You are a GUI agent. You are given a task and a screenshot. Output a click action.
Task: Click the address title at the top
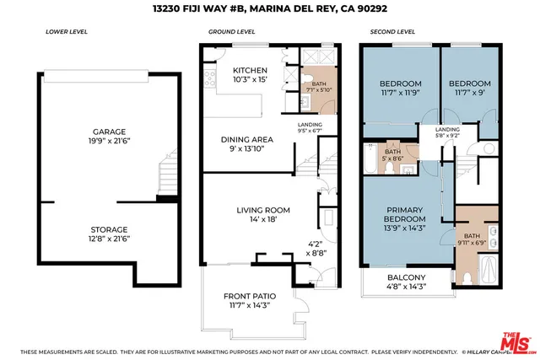(x=269, y=8)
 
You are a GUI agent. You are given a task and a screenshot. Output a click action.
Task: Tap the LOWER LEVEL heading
(x=63, y=32)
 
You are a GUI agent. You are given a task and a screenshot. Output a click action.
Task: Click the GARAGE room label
(x=110, y=132)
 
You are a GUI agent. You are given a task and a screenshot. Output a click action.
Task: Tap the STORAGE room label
(x=110, y=228)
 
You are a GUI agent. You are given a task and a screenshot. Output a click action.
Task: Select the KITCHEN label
(x=250, y=70)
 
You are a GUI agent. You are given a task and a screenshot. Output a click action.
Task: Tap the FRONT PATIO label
(x=249, y=296)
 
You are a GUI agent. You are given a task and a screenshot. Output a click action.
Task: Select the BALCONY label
(x=406, y=277)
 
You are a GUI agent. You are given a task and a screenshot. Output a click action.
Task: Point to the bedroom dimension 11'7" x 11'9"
(x=400, y=94)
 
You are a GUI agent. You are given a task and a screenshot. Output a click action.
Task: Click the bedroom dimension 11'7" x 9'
(x=469, y=94)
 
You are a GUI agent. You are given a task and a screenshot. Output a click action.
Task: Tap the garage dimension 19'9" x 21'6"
(x=110, y=142)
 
